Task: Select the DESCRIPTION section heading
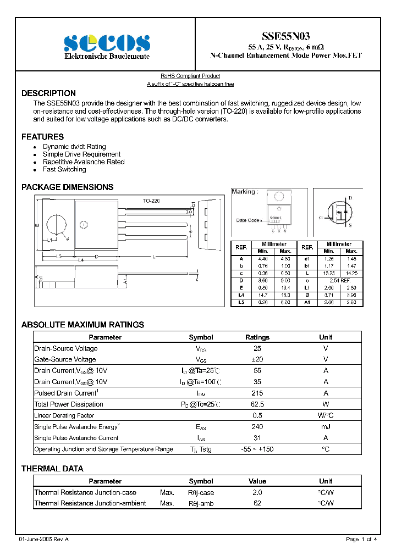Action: (x=48, y=93)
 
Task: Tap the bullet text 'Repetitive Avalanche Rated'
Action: (x=84, y=162)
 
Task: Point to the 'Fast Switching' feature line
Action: (x=64, y=170)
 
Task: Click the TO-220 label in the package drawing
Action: (x=151, y=201)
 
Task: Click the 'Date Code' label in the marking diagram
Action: (x=248, y=220)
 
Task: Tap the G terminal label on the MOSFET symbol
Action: (x=321, y=218)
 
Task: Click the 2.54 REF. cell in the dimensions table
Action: (x=339, y=280)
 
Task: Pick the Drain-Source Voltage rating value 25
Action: (x=257, y=349)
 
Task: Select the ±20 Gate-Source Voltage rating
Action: (x=257, y=360)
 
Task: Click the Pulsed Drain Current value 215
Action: (x=257, y=393)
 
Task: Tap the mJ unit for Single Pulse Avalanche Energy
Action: (x=326, y=427)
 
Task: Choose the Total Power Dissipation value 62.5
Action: (x=257, y=404)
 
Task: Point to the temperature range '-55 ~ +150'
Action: (x=257, y=449)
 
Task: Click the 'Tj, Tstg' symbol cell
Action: (x=201, y=449)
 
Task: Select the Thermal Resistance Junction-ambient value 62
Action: (x=257, y=503)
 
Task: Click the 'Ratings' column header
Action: (x=257, y=337)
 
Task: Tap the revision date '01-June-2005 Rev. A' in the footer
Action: (x=44, y=540)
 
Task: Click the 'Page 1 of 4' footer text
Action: (x=361, y=540)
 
